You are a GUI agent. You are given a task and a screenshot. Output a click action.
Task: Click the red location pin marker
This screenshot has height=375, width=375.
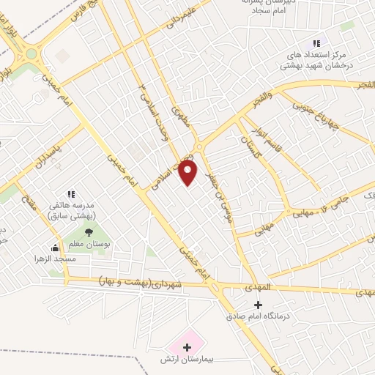click(189, 173)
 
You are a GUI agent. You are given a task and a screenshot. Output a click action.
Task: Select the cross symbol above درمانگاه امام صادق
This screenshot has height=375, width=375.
click(257, 304)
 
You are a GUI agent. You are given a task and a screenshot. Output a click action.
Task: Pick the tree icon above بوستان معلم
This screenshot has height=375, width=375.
click(89, 232)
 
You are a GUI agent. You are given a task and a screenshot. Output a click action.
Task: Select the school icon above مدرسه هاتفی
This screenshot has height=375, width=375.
click(71, 194)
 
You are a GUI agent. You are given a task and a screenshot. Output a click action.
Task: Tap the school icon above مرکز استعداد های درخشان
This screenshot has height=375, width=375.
click(316, 43)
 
